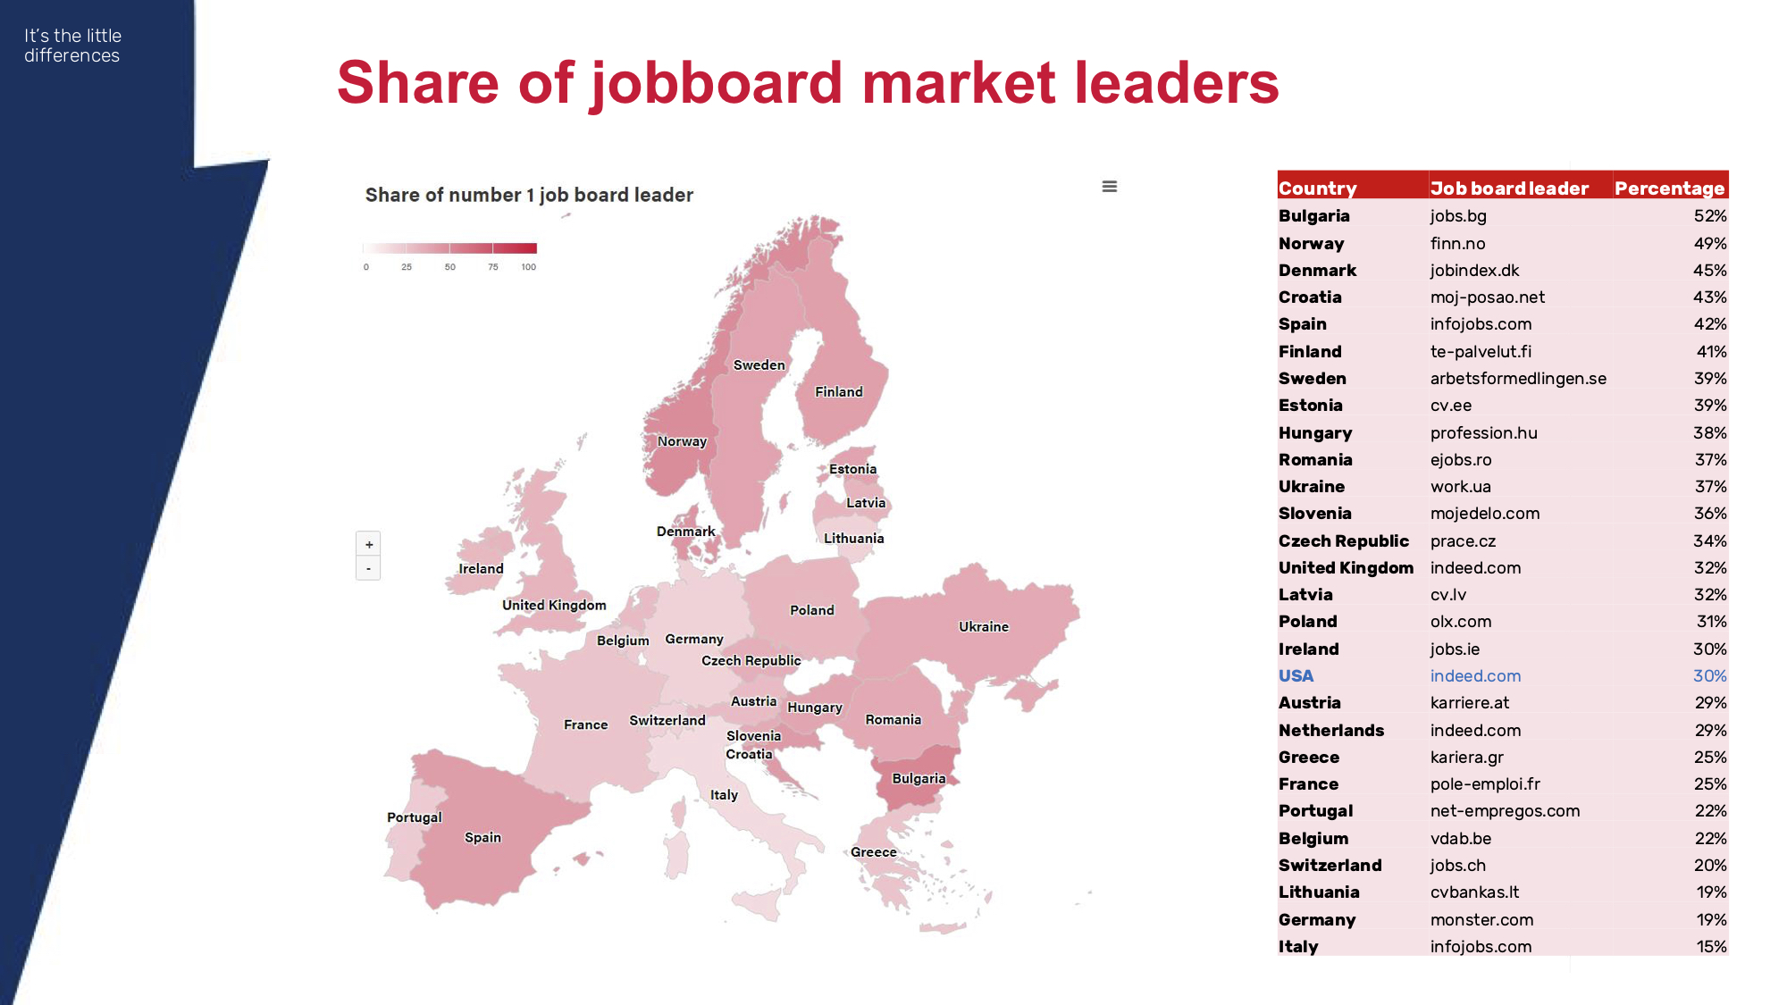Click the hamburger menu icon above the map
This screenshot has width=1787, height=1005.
(x=1110, y=187)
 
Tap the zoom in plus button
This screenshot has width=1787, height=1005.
(x=369, y=544)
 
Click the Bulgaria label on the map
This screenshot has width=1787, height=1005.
(x=919, y=778)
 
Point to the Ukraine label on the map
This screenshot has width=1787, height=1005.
(x=984, y=626)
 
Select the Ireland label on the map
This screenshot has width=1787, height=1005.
(x=481, y=568)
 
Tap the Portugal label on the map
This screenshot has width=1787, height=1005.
(x=415, y=817)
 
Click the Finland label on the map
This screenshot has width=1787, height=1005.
(x=839, y=391)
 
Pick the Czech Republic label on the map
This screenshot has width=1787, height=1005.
(x=751, y=660)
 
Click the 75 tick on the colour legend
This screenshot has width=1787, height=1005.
(x=493, y=267)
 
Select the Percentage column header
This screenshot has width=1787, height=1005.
(x=1669, y=188)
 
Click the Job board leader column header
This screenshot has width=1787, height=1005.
(x=1509, y=188)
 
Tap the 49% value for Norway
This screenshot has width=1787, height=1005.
(x=1710, y=243)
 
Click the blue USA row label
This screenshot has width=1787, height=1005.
(x=1296, y=676)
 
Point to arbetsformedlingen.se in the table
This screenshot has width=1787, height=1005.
(x=1518, y=378)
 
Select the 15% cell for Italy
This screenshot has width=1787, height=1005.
(x=1711, y=946)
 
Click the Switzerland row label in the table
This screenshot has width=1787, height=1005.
(x=1330, y=865)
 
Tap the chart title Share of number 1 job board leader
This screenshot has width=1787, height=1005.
(x=529, y=195)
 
